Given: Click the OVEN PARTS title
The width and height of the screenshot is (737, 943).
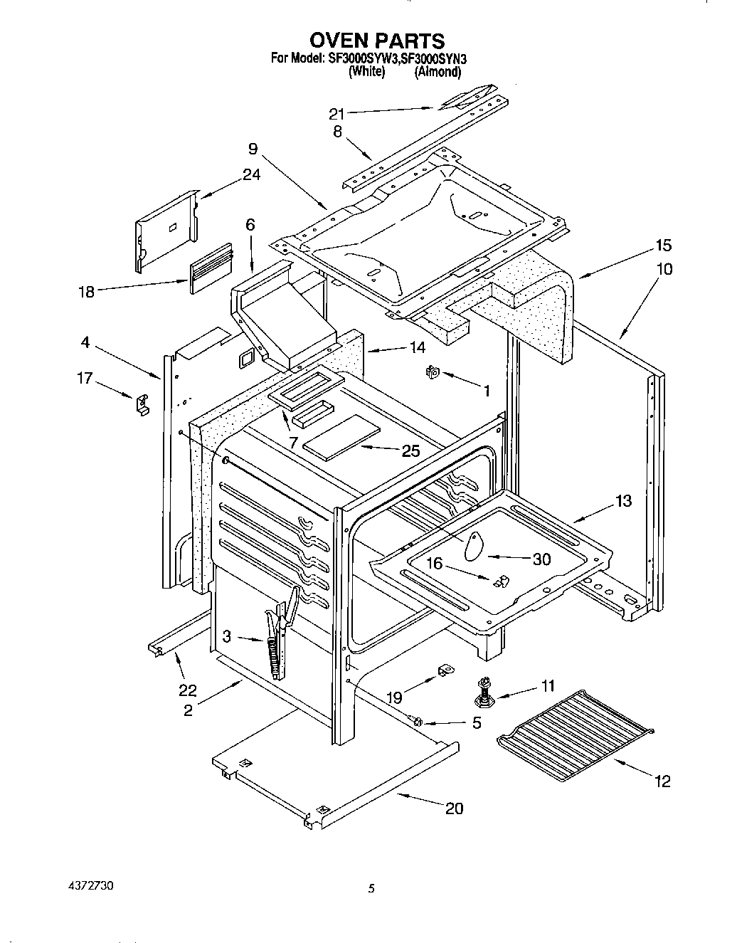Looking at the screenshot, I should pos(368,41).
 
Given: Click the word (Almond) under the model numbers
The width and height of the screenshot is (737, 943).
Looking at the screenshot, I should pos(438,71).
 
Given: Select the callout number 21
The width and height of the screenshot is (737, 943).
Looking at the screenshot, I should pos(337,114).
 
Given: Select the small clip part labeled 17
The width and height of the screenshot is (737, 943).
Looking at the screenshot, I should pos(142,404).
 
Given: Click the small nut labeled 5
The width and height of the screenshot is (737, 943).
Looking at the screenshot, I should pos(418,722).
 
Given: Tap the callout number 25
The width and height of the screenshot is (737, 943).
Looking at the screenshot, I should pos(410,451).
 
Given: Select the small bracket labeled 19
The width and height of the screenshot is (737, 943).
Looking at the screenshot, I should pos(447,670).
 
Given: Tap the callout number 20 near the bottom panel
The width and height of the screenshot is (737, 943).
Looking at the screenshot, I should pos(453,808).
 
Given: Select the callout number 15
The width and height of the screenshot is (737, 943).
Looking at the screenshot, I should pos(662,246).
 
